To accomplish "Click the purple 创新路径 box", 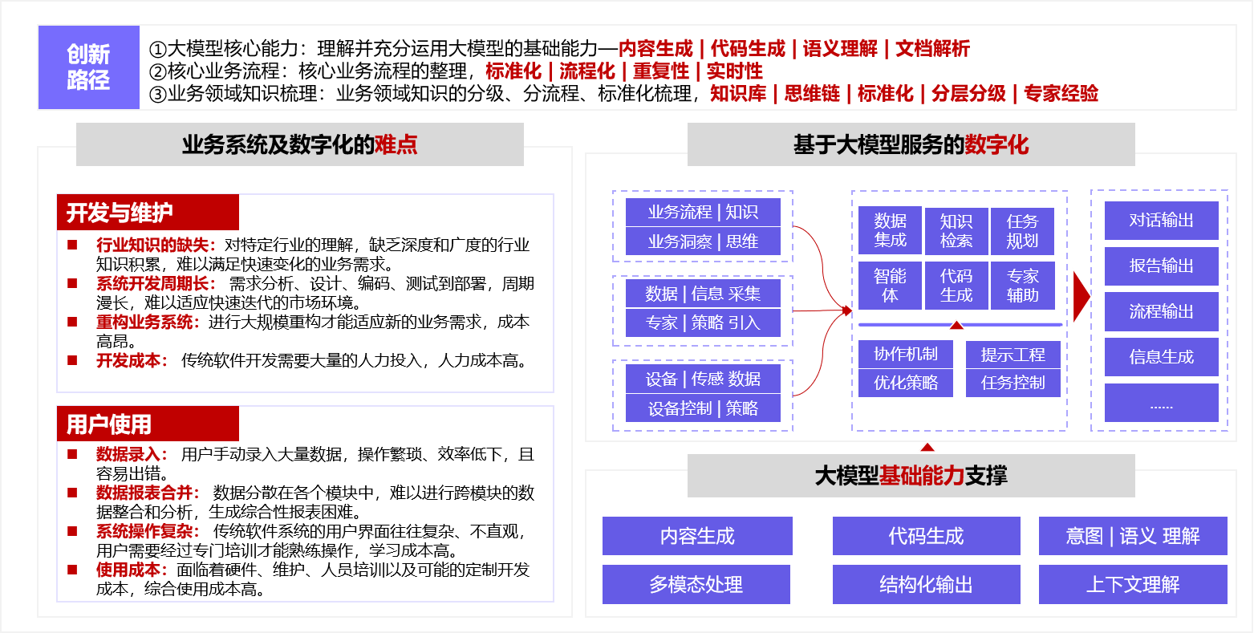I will (x=88, y=67).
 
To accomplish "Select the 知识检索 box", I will (x=956, y=231).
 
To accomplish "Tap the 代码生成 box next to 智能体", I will (x=956, y=286).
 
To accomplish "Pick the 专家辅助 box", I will (x=1023, y=286).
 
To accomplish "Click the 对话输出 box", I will (x=1161, y=221).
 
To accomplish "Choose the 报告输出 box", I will (x=1161, y=266).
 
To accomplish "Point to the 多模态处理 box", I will (x=696, y=585).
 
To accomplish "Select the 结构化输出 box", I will (x=926, y=585).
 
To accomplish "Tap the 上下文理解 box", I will (x=1132, y=585).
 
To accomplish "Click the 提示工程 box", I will (x=1013, y=355).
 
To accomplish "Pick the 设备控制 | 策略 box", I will (x=703, y=408).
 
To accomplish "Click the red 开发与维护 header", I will (x=148, y=213).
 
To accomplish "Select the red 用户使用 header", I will (x=148, y=424).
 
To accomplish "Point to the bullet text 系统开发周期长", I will (x=156, y=284).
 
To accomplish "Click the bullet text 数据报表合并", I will (x=148, y=493).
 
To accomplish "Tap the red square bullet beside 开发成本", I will (x=72, y=360).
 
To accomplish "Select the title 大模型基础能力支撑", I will (x=911, y=476).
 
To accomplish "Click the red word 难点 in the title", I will (x=396, y=144).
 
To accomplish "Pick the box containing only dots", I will (x=1161, y=404).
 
